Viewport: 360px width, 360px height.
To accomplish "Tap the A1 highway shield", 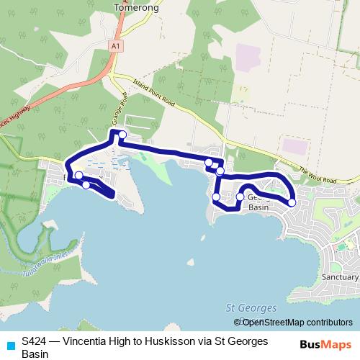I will pos(115,45).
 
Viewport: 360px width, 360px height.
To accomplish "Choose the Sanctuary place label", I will pos(340,276).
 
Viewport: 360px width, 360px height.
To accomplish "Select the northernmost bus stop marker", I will pos(123,135).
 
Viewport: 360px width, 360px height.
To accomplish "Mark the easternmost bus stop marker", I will pos(292,202).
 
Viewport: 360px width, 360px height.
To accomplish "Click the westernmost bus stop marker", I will pos(78,175).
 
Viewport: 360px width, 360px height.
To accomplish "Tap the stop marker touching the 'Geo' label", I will pos(240,197).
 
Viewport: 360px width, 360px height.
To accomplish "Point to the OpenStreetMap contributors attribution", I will pos(297,323).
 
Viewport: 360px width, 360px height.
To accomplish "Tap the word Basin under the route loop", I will pos(258,207).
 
